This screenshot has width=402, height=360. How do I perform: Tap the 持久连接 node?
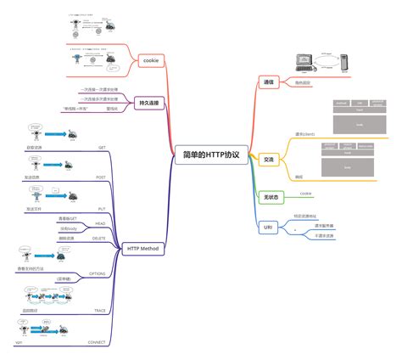pos(147,103)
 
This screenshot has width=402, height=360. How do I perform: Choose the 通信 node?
pos(269,82)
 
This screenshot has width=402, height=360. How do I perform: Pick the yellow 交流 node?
pos(269,160)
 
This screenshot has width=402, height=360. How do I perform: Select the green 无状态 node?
pos(270,196)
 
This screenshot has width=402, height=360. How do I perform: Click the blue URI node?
pos(268,228)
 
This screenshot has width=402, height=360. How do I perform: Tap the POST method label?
pos(100,177)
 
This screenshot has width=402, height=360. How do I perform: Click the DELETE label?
pos(98,239)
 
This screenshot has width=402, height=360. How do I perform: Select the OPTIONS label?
pos(97,274)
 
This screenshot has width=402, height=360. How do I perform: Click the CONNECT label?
pos(95,342)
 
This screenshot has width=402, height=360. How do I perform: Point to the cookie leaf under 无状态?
pos(305,193)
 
